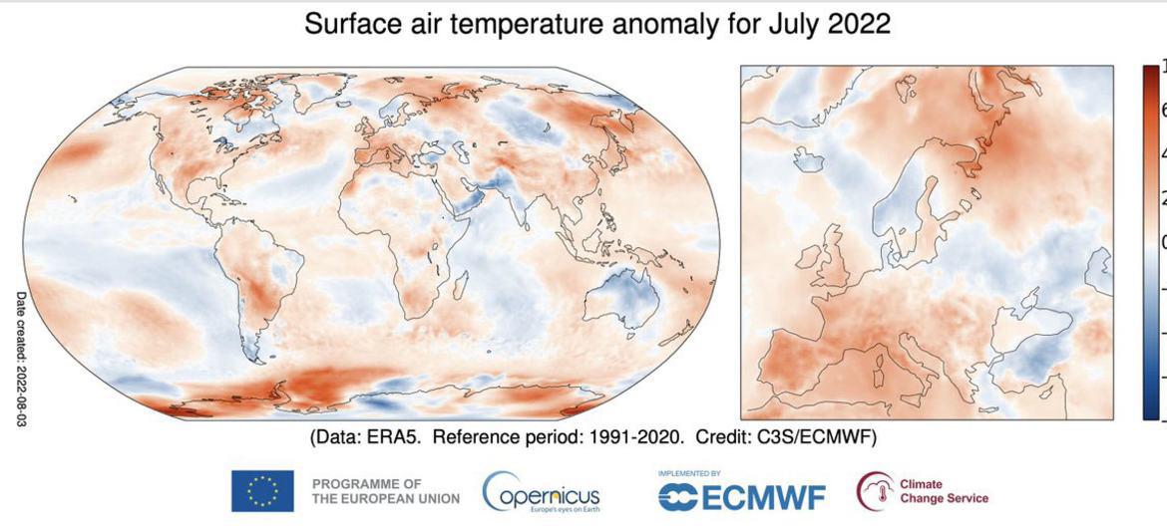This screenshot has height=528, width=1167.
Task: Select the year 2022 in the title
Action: (x=857, y=25)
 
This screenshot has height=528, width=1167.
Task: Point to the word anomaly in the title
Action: (x=647, y=25)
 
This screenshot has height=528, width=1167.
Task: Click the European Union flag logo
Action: (x=262, y=491)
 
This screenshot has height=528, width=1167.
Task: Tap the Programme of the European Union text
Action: (x=385, y=491)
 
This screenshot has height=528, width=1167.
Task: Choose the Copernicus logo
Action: (x=542, y=491)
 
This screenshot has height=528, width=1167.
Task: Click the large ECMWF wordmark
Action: (x=742, y=496)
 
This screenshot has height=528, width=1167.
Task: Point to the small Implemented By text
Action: (x=688, y=473)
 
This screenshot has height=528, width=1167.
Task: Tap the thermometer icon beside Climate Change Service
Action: (x=874, y=491)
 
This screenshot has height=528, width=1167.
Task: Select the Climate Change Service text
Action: (x=943, y=491)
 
